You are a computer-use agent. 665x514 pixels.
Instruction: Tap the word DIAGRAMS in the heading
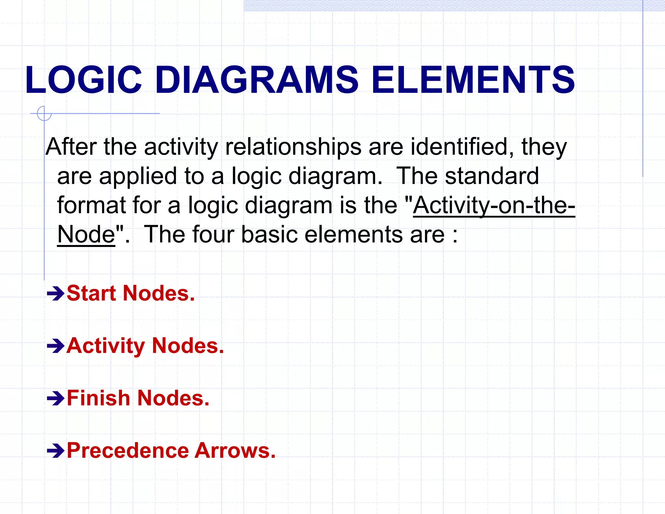click(257, 80)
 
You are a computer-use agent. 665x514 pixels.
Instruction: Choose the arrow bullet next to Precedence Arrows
click(56, 451)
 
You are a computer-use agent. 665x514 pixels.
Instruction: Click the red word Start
click(91, 293)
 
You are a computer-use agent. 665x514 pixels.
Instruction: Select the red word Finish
click(98, 398)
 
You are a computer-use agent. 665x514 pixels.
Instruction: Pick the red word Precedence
click(128, 451)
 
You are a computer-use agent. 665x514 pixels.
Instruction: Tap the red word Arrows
click(235, 451)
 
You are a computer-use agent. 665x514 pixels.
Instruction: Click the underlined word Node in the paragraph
click(86, 235)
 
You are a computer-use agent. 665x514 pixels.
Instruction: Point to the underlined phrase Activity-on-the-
click(494, 205)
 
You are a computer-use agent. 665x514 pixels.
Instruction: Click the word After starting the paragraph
click(71, 147)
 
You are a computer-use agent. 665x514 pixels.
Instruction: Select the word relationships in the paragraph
click(293, 147)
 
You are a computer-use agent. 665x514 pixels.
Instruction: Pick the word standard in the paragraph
click(492, 176)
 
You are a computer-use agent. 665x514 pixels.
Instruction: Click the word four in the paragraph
click(213, 235)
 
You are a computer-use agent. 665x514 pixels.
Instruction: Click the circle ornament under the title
click(44, 113)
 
